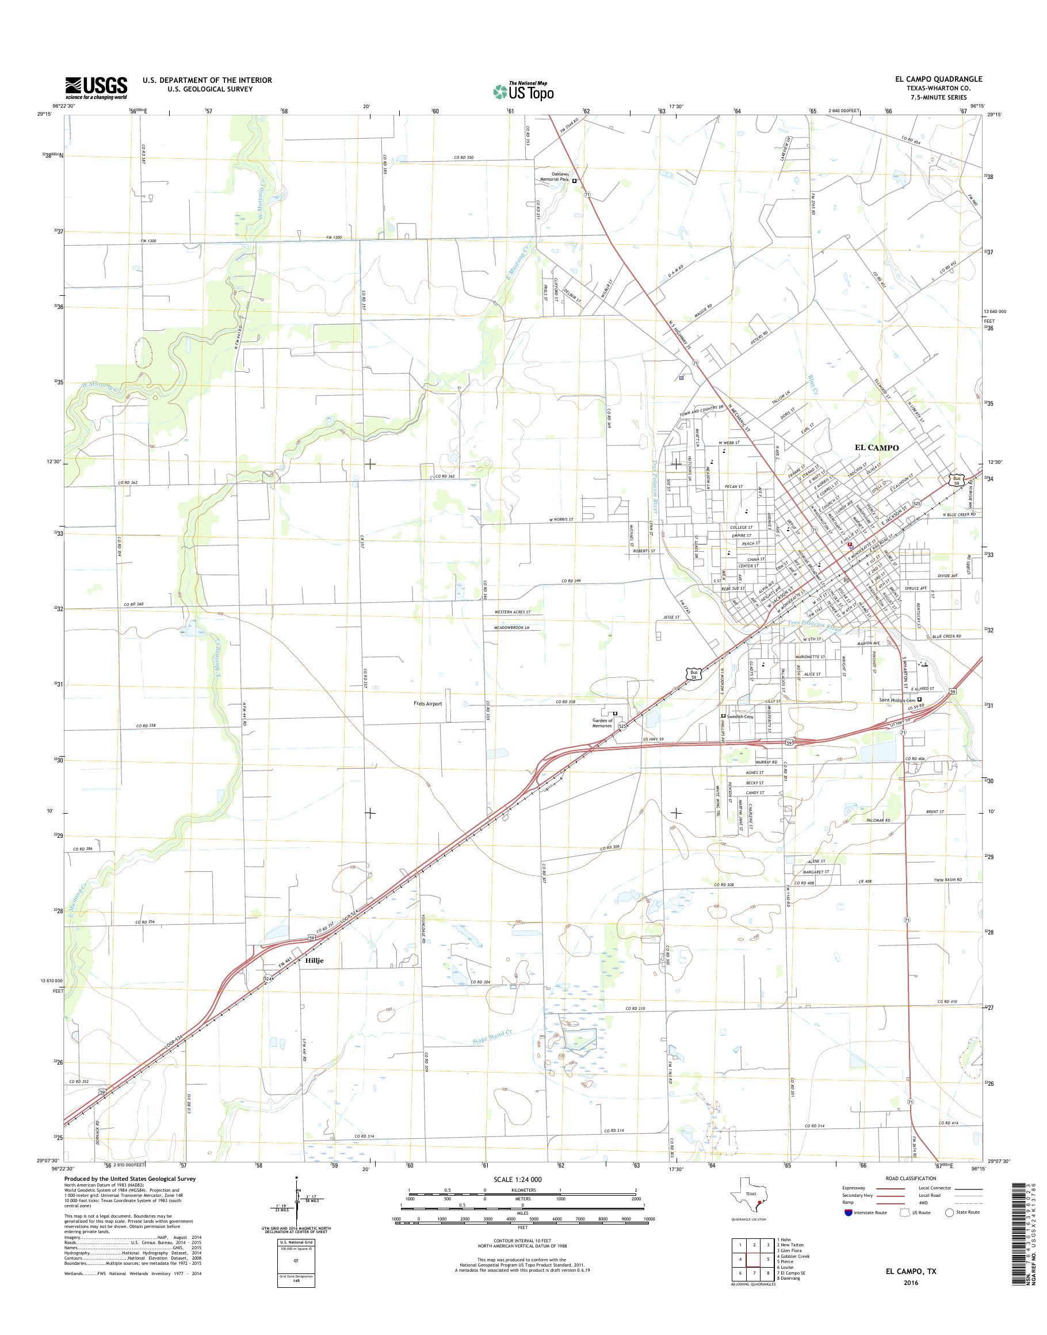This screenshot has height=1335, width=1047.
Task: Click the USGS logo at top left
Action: (96, 87)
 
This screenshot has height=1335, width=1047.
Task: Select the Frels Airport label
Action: (427, 703)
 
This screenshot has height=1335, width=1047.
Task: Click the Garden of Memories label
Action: (601, 723)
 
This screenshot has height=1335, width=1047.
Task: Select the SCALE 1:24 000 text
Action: (517, 1179)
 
